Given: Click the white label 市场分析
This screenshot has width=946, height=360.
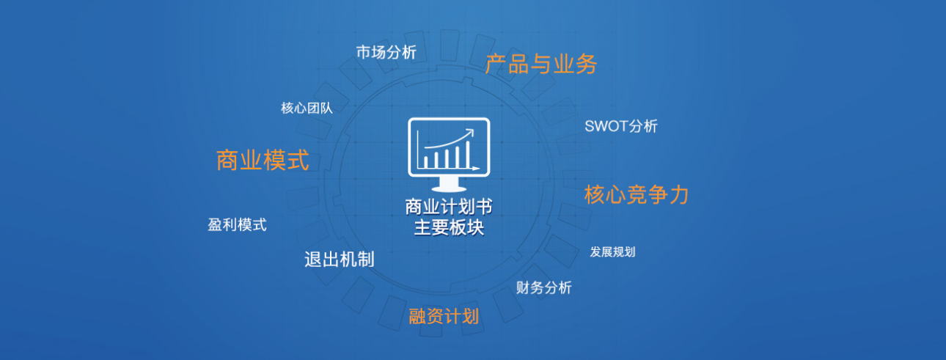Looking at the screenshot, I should tap(386, 52).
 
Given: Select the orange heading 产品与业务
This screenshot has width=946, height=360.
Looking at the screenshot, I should tap(541, 65).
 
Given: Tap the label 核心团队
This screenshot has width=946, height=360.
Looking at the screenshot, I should tap(307, 109).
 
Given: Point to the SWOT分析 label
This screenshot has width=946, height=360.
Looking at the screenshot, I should tap(621, 126).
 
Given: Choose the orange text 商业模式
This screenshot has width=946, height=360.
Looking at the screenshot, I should tap(263, 160).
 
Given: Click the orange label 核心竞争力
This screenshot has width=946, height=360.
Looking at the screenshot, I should tap(637, 195).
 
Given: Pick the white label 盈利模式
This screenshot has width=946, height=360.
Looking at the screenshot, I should tap(237, 225).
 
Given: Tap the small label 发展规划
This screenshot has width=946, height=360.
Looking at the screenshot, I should tap(612, 252).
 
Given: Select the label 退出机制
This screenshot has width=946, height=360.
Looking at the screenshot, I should tap(339, 260).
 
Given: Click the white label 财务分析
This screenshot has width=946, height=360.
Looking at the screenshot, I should tap(543, 287).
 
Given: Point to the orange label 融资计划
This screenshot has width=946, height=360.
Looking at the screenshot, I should tap(444, 317).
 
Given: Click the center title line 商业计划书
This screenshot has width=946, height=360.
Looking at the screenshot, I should tap(449, 207).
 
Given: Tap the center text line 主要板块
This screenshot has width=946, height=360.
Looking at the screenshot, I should tap(449, 228).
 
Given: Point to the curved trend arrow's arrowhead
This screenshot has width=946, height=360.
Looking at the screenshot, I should tap(470, 133).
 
